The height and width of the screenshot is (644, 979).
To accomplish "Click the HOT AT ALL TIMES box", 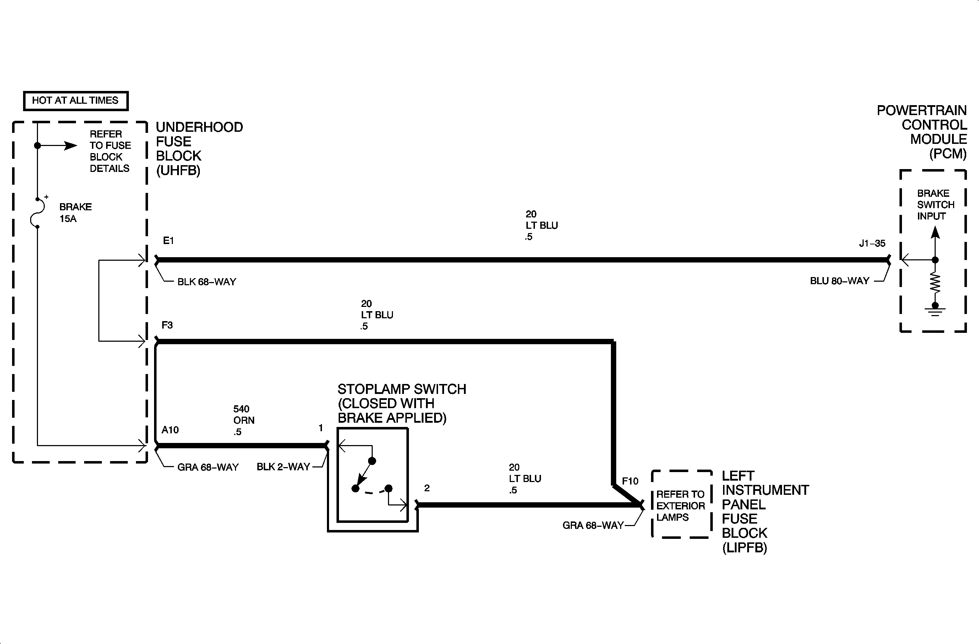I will click(x=76, y=101).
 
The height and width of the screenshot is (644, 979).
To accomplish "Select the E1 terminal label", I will click(x=168, y=241).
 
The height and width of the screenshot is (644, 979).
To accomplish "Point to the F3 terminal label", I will click(x=167, y=325).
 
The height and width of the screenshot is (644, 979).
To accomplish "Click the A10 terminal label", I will click(x=170, y=430).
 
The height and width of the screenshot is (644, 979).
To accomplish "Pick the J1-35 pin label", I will click(x=872, y=244).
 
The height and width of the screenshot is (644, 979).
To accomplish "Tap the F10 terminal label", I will click(x=630, y=481).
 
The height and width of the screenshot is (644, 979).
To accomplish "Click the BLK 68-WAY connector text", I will click(x=207, y=282).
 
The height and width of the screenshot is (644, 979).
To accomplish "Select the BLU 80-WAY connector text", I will click(x=839, y=281).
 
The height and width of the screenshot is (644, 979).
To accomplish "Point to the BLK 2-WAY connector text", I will click(x=283, y=467).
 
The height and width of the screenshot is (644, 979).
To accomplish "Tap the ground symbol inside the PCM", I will click(x=935, y=309).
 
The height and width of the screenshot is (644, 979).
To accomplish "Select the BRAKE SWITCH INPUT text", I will click(x=935, y=205).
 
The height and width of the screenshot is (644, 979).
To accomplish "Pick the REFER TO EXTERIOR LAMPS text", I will click(x=680, y=506).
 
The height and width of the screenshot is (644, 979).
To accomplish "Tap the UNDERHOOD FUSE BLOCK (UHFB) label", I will click(x=199, y=148).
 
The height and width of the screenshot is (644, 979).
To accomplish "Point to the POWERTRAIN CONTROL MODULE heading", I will click(x=921, y=132).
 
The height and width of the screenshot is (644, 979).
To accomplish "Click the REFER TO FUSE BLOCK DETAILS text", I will click(x=110, y=151).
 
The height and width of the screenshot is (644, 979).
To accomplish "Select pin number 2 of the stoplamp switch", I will click(x=427, y=488).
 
